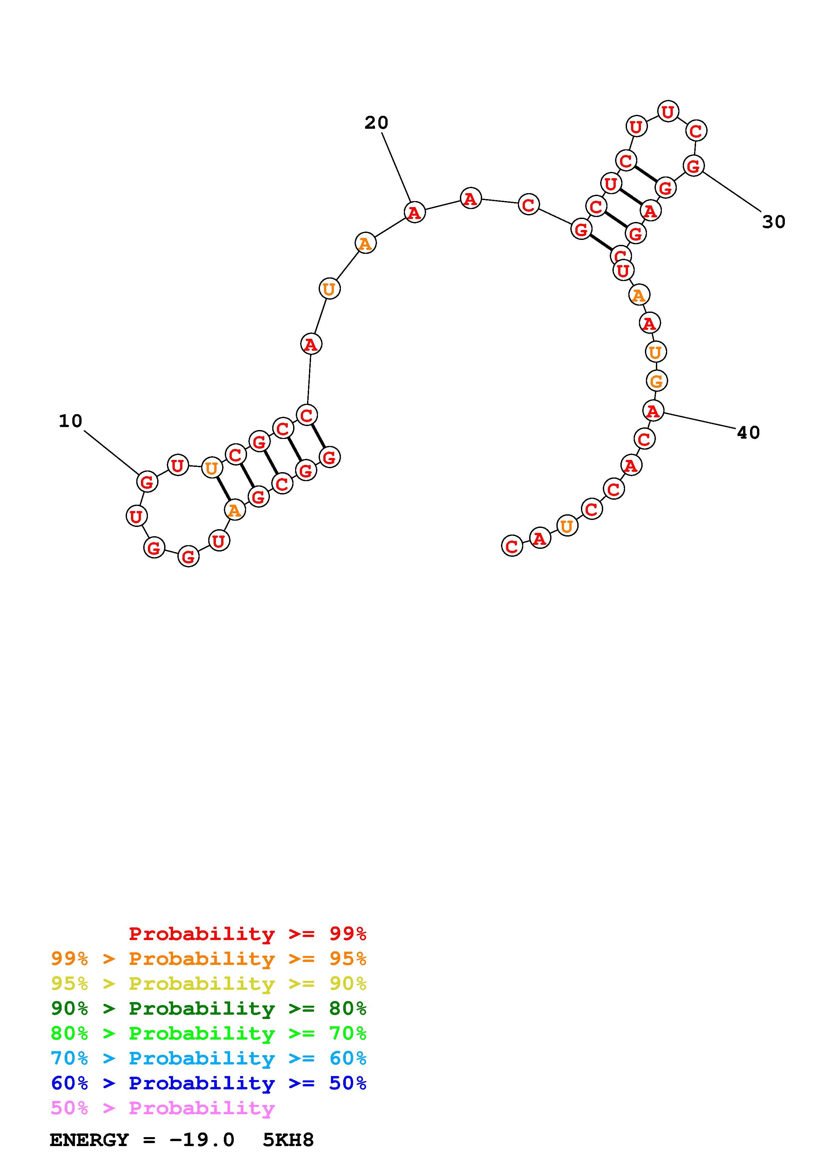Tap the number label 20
tap(376, 123)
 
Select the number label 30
tap(774, 222)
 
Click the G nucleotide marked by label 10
tap(147, 481)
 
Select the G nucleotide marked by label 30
tap(693, 166)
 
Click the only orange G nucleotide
tap(657, 381)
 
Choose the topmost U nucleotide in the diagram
tap(668, 111)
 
